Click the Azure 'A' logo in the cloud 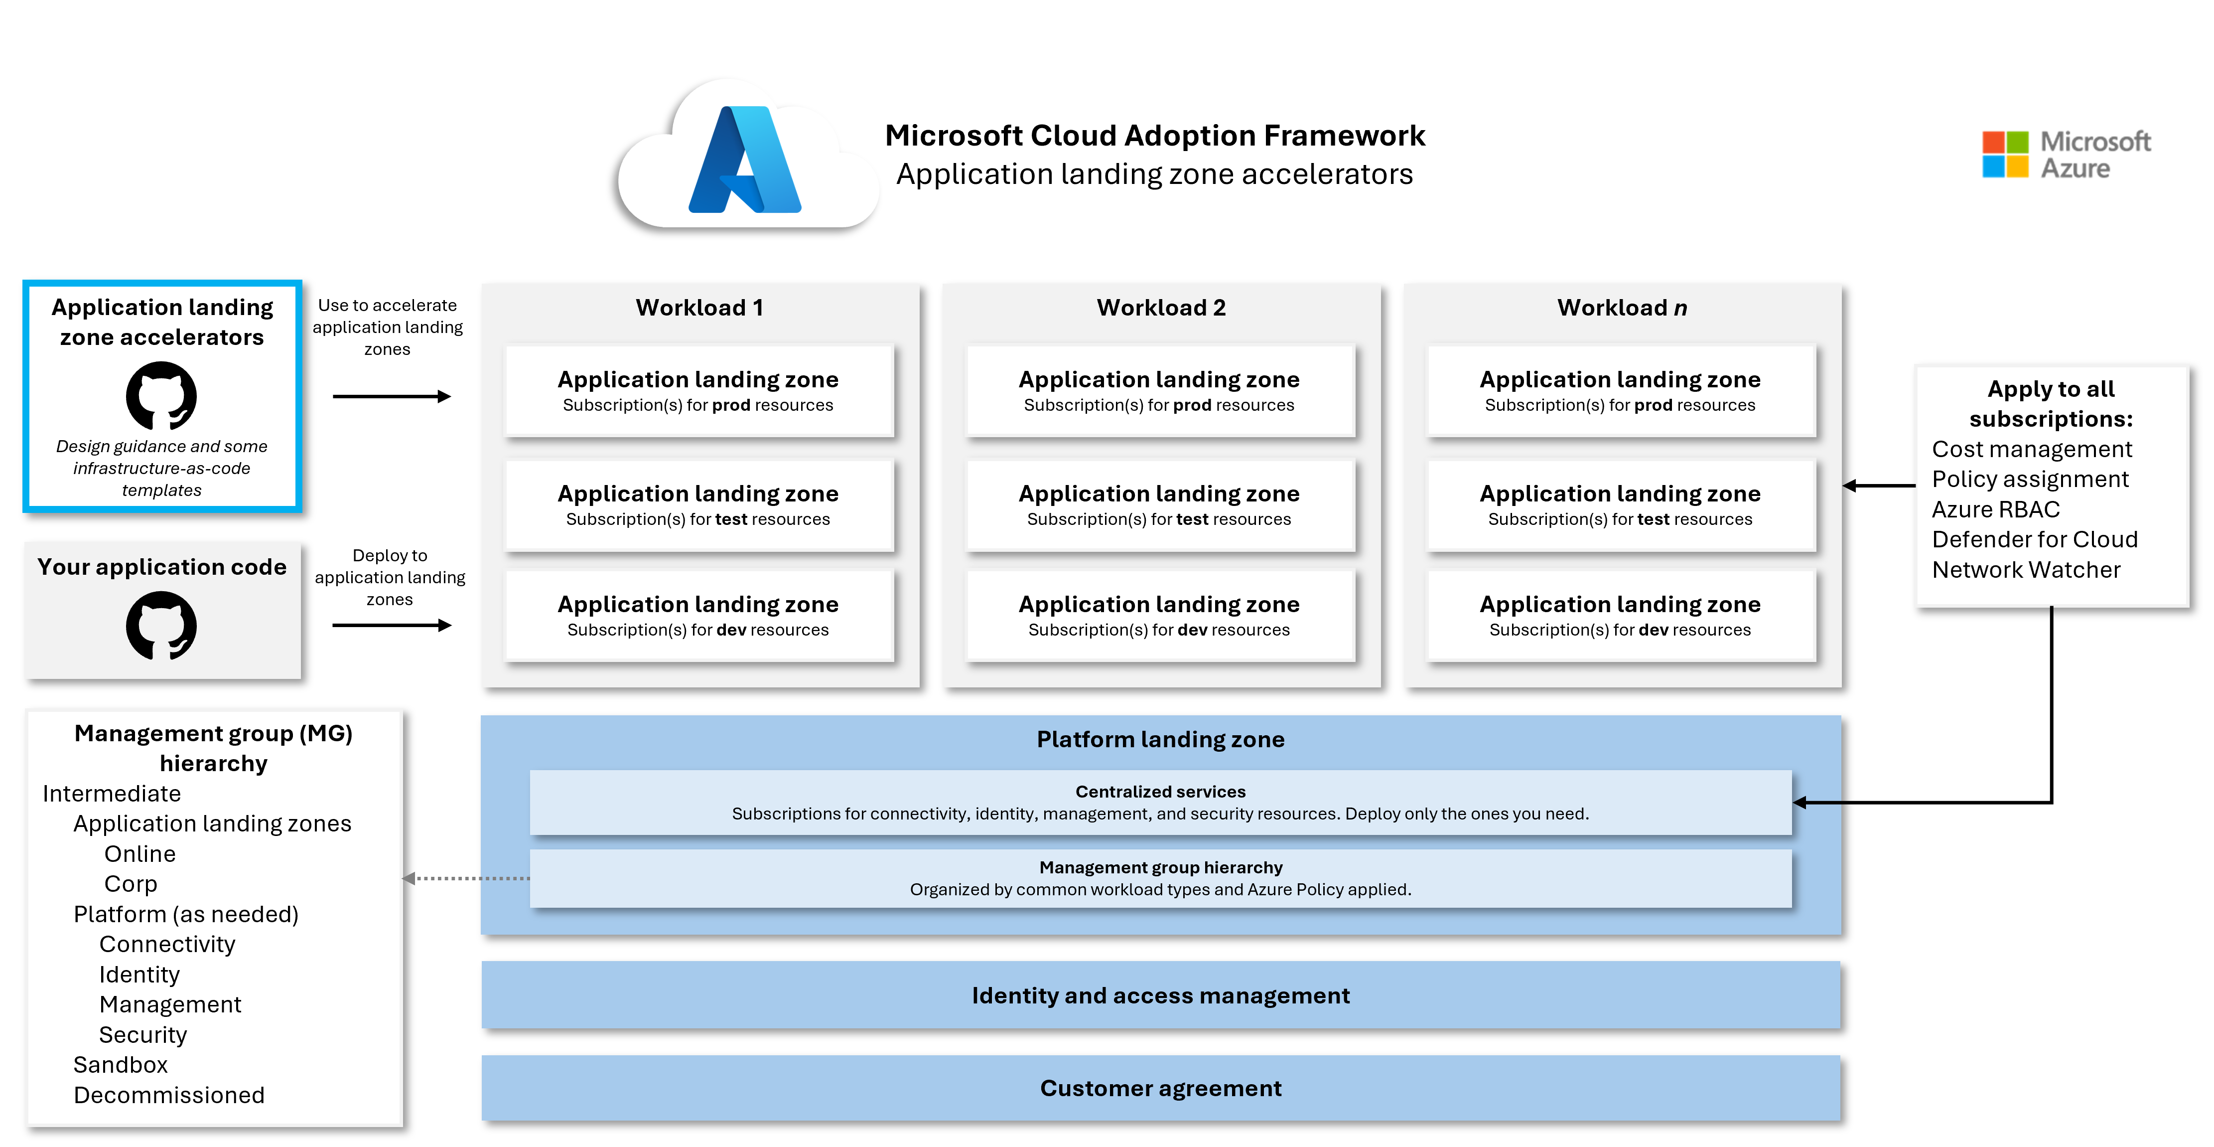pyautogui.click(x=744, y=160)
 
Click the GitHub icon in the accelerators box pyautogui.click(x=161, y=395)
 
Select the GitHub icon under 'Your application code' pyautogui.click(x=161, y=625)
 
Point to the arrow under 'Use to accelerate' pyautogui.click(x=391, y=396)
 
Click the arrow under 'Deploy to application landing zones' pyautogui.click(x=391, y=625)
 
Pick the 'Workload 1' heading pyautogui.click(x=699, y=308)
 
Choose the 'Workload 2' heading pyautogui.click(x=1160, y=308)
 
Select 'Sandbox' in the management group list pyautogui.click(x=121, y=1064)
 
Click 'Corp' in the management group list pyautogui.click(x=131, y=884)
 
